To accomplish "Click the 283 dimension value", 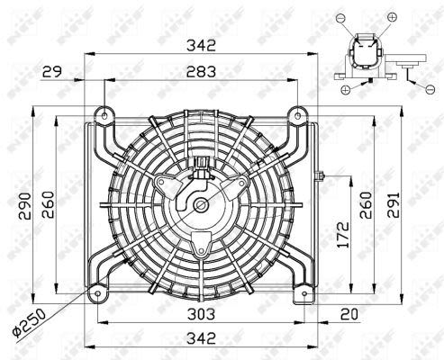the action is tap(201, 71).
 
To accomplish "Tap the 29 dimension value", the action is tap(52, 71).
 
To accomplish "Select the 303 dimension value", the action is tap(201, 314).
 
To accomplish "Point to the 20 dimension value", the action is tap(349, 314).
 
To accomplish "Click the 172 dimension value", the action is tap(343, 235).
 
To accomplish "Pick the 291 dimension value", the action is tap(394, 205).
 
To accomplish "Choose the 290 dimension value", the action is tap(24, 206).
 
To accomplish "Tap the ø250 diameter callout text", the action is tap(29, 323).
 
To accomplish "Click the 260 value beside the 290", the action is tap(48, 205).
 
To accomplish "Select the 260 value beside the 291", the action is tap(366, 205).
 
